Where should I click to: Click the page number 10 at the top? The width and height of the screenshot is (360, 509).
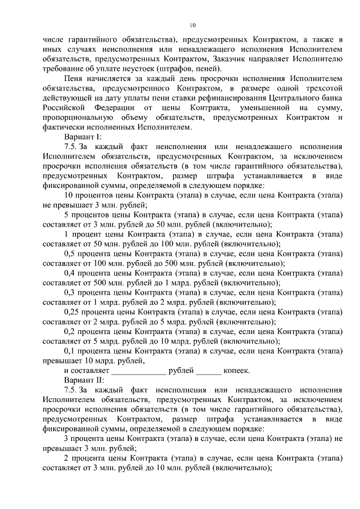(x=192, y=25)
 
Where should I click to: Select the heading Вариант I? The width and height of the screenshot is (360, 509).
(x=83, y=137)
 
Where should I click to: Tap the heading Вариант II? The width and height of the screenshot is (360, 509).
(x=84, y=380)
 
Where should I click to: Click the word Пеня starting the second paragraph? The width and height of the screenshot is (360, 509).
(x=75, y=78)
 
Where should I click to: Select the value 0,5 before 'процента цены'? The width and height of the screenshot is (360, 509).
(x=71, y=253)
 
